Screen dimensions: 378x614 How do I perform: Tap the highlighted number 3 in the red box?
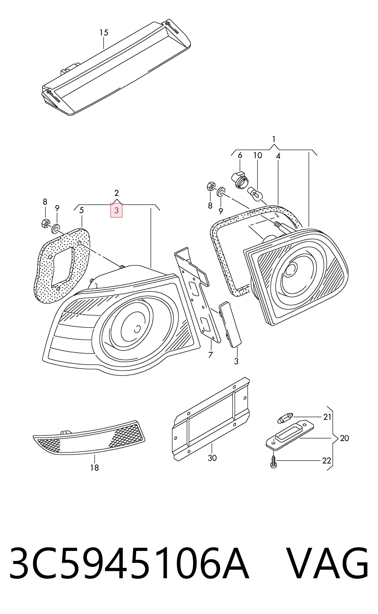116,210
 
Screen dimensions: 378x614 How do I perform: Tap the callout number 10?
258,155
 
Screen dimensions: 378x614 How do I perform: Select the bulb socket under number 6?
240,179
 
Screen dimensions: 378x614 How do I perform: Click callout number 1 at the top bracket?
274,139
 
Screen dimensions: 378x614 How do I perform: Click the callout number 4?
278,156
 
